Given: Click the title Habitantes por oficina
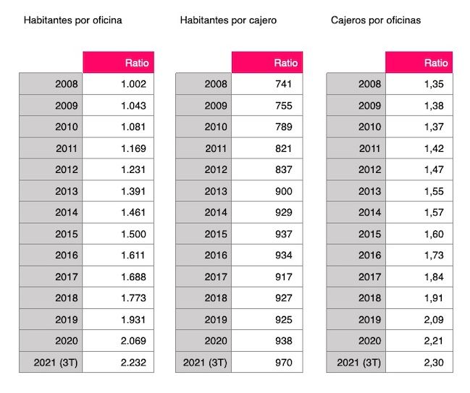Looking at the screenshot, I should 72,20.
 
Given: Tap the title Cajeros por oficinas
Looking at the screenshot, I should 375,20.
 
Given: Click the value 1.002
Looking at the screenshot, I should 133,84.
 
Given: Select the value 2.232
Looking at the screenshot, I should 133,363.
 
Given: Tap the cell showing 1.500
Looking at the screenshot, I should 133,234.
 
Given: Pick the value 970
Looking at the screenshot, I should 284,363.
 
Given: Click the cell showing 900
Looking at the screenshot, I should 284,191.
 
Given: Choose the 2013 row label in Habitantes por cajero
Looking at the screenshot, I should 216,191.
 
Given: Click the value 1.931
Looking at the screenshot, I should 133,320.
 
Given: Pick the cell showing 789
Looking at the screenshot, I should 284,127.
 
